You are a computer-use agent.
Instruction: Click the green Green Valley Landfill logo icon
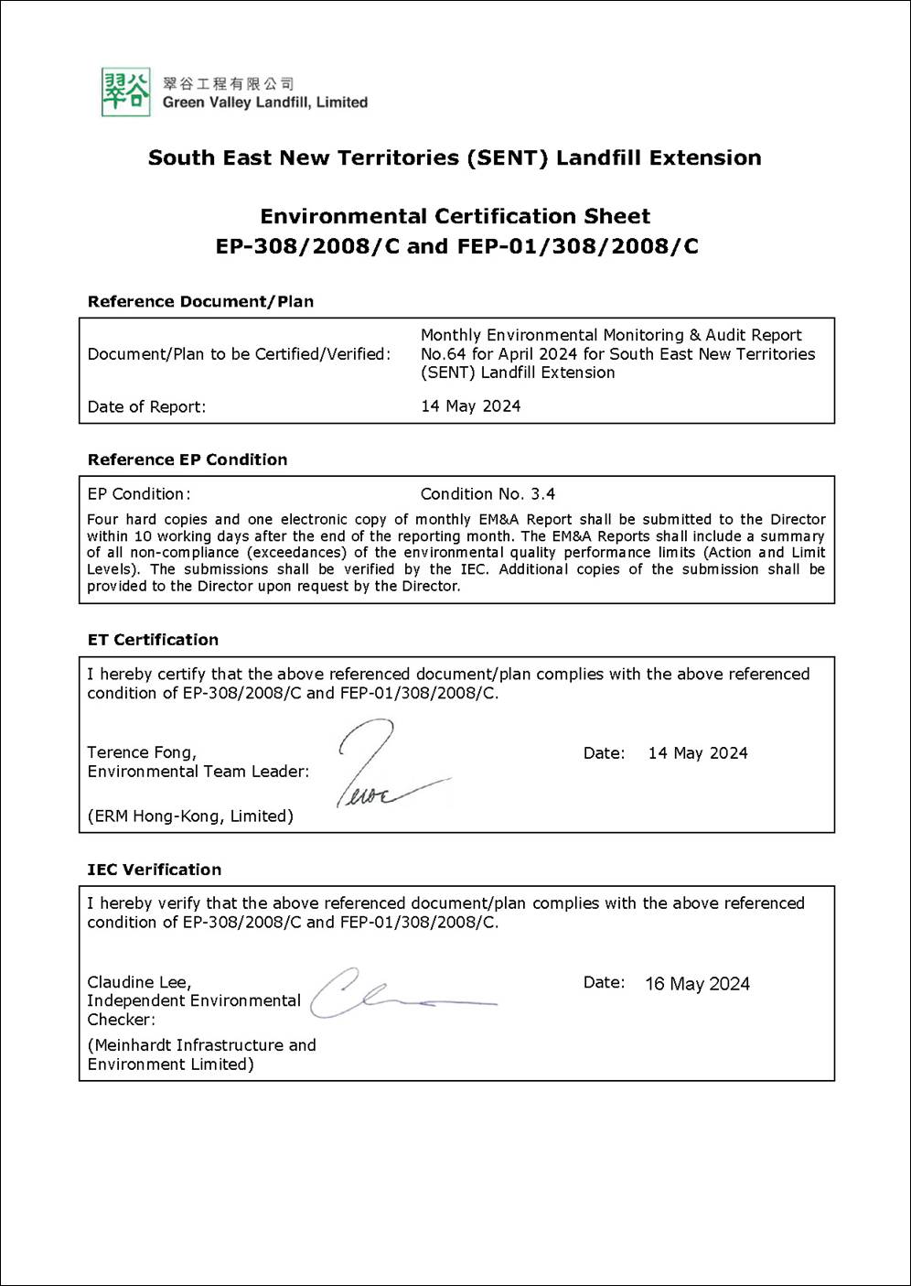click(x=125, y=92)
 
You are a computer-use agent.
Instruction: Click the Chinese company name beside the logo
click(x=228, y=83)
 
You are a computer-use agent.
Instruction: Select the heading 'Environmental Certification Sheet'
click(x=455, y=217)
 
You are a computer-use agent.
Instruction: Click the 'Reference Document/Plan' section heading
click(x=200, y=301)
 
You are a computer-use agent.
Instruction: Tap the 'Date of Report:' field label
click(x=146, y=406)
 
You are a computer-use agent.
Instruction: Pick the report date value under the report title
click(x=470, y=405)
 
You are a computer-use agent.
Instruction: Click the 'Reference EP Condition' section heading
click(x=188, y=459)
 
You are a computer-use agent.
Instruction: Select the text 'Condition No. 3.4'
click(x=488, y=494)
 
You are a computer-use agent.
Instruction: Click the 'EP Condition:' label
click(x=139, y=494)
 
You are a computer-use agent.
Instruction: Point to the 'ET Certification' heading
click(x=153, y=640)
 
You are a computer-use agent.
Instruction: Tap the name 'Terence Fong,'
click(x=142, y=752)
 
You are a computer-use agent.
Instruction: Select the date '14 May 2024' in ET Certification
click(x=697, y=753)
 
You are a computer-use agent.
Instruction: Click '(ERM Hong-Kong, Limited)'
click(x=190, y=816)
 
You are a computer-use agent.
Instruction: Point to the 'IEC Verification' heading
click(x=154, y=870)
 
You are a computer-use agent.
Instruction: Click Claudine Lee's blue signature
click(x=393, y=995)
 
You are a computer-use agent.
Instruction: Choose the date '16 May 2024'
click(x=697, y=984)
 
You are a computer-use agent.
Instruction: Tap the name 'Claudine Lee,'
click(x=139, y=982)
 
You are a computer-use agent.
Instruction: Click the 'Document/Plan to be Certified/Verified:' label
click(x=239, y=354)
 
